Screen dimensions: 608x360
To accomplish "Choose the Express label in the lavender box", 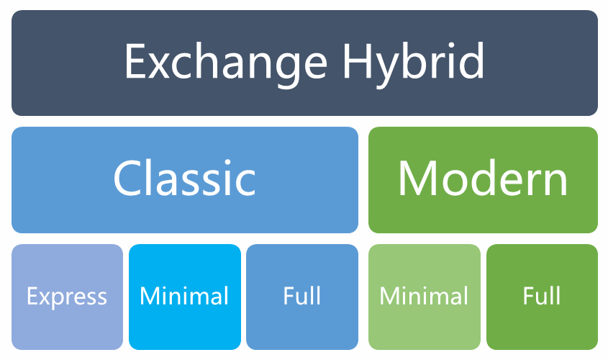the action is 67,297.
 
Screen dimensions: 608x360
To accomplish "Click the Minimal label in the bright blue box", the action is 184,297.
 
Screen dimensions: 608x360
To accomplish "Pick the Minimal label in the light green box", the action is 424,297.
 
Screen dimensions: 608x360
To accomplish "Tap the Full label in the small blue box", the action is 302,297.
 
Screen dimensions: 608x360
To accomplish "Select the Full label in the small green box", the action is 542,297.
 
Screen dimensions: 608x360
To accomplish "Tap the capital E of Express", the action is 32,297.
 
